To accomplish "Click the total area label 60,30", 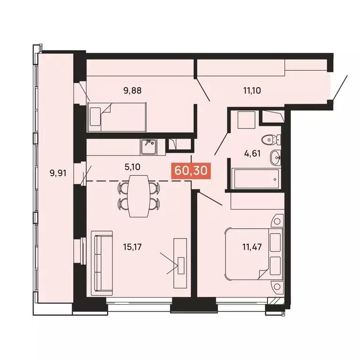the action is [191, 171].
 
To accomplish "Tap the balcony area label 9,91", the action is [58, 173].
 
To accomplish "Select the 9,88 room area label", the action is [133, 90].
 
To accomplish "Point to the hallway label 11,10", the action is [252, 90].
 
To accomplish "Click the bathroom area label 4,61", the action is [253, 153].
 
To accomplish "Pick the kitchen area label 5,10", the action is [133, 167].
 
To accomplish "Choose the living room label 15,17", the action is [133, 247].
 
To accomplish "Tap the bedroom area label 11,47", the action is [252, 247].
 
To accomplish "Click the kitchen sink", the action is [149, 147].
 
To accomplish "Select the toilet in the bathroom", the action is [271, 139].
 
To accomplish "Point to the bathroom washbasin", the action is [275, 157].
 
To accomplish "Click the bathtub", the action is [255, 179].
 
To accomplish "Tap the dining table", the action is [138, 196].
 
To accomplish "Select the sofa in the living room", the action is [102, 263].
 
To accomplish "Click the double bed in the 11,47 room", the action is [255, 254].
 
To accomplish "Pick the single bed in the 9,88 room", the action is [117, 117].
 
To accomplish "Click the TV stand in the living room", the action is [180, 263].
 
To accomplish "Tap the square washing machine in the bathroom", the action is [247, 120].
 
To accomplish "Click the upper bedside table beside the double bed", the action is [277, 221].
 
